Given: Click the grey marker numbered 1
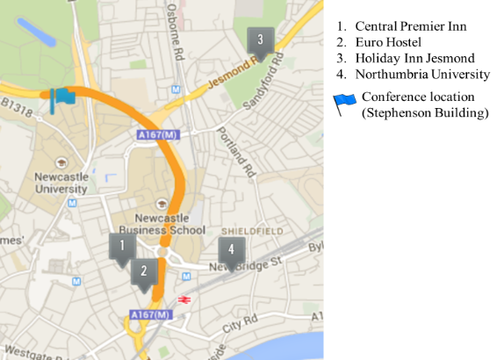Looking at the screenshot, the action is (x=122, y=248).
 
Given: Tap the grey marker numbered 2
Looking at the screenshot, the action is (x=144, y=272).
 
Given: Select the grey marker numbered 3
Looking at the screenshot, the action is (x=260, y=41).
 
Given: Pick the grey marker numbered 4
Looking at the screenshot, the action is (x=232, y=250).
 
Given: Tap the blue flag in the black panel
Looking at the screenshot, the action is (x=345, y=104).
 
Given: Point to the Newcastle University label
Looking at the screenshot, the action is (x=61, y=182).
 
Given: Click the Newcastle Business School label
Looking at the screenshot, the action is (x=169, y=224).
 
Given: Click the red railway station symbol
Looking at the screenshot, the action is (x=184, y=299).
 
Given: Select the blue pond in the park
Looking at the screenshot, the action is (x=36, y=31).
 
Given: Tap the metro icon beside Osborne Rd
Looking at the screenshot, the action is (x=176, y=90).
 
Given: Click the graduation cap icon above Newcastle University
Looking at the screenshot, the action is (x=61, y=162).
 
